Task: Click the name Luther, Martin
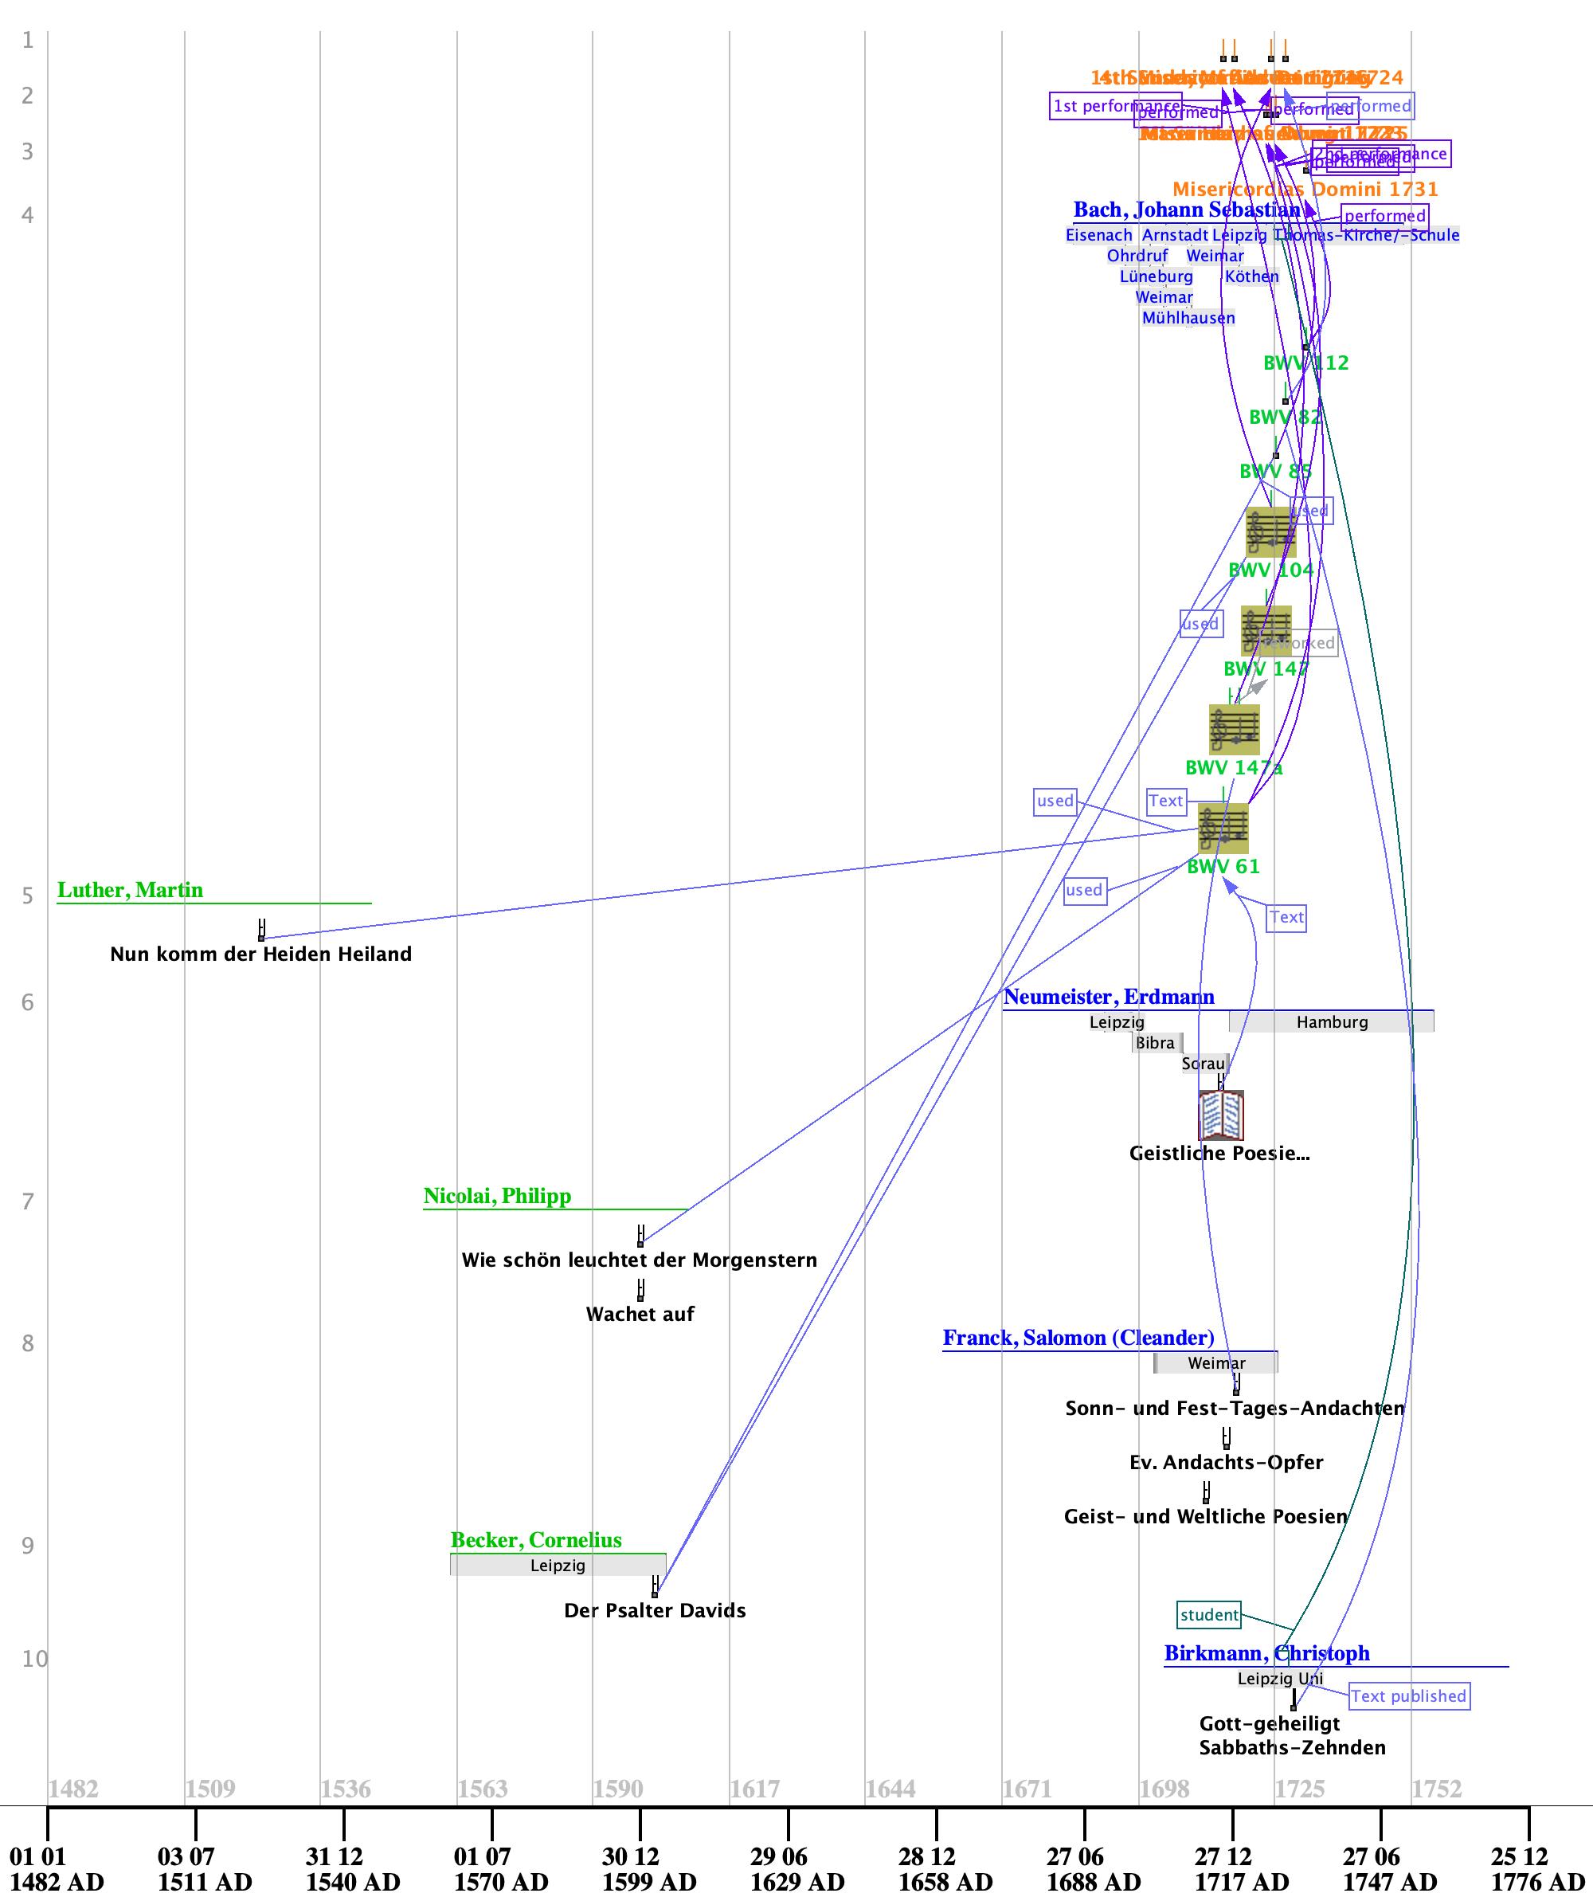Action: click(130, 890)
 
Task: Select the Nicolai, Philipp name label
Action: click(497, 1196)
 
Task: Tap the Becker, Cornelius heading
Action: click(535, 1540)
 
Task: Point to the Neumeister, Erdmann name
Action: click(1108, 997)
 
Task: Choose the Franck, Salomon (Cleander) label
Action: click(1078, 1338)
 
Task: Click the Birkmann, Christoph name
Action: click(1266, 1653)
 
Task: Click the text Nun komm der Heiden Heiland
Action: click(260, 954)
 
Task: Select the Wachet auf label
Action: click(640, 1315)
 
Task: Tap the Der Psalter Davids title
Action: click(655, 1611)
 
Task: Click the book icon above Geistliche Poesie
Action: click(1221, 1115)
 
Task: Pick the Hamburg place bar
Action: click(1331, 1021)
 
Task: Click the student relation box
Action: click(1209, 1614)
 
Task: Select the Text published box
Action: click(1408, 1695)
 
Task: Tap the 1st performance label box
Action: click(1115, 106)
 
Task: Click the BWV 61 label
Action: click(1223, 866)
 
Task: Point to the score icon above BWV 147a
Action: click(1234, 729)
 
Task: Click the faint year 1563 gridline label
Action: click(482, 1789)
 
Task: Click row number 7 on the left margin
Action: click(28, 1201)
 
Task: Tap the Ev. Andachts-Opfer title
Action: click(1226, 1463)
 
